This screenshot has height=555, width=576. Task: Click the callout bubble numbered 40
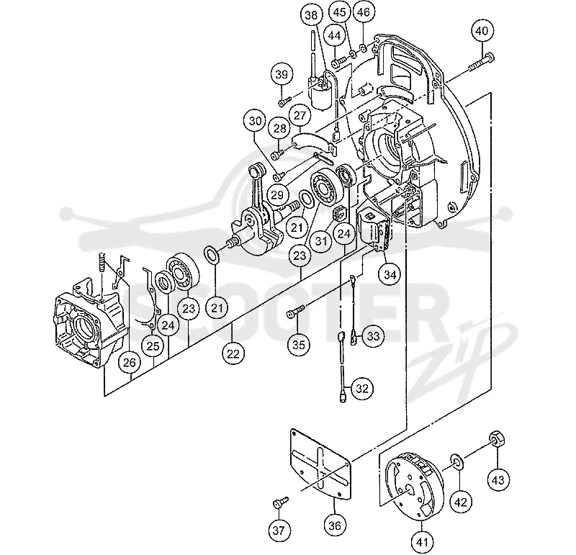482,30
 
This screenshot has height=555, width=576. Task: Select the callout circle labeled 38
312,15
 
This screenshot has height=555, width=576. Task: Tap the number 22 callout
233,353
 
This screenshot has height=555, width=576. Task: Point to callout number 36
335,525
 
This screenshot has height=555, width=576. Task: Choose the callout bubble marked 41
422,541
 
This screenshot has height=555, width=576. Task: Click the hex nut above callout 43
498,439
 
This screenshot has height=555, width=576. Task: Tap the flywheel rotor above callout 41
413,487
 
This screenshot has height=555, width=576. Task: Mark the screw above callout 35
295,311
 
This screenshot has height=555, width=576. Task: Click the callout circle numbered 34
390,274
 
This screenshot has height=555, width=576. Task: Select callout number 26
130,363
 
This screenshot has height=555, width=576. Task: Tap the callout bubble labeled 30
256,121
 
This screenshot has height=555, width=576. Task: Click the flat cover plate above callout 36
320,465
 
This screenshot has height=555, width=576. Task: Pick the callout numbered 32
362,388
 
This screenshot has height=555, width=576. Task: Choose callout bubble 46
364,12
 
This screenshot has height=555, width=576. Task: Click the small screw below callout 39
284,100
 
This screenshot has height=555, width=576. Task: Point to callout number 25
153,346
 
